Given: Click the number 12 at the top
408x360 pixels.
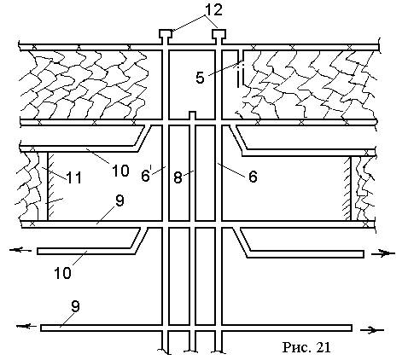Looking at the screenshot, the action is [x=212, y=10].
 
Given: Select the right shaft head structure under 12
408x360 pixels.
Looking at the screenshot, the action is [x=219, y=34].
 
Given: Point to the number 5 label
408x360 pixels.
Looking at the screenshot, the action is [x=200, y=78].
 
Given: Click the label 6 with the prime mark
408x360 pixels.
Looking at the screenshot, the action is [x=146, y=176].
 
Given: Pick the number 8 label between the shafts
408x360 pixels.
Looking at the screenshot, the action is [x=178, y=177].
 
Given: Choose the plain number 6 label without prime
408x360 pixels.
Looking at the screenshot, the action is [x=253, y=177].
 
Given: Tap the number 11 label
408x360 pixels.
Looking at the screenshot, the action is [x=74, y=177].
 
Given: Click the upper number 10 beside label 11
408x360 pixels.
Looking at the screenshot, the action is [x=120, y=171].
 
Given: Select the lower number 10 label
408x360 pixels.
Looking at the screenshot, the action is [x=63, y=273].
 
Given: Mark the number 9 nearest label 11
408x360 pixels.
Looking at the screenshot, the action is [x=119, y=200].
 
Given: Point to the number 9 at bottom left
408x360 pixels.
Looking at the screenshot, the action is [x=75, y=307].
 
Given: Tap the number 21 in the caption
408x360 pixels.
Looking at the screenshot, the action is [x=323, y=347].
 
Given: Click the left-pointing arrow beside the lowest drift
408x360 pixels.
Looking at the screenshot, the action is [x=26, y=327].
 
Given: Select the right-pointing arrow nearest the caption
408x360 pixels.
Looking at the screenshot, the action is [x=372, y=330].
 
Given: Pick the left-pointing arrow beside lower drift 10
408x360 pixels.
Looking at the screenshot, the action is [x=20, y=250].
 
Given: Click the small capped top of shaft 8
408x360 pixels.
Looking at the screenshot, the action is [x=193, y=115].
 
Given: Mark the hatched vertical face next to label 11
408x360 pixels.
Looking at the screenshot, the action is [x=50, y=186].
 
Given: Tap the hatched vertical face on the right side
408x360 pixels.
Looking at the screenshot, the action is [x=347, y=189].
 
